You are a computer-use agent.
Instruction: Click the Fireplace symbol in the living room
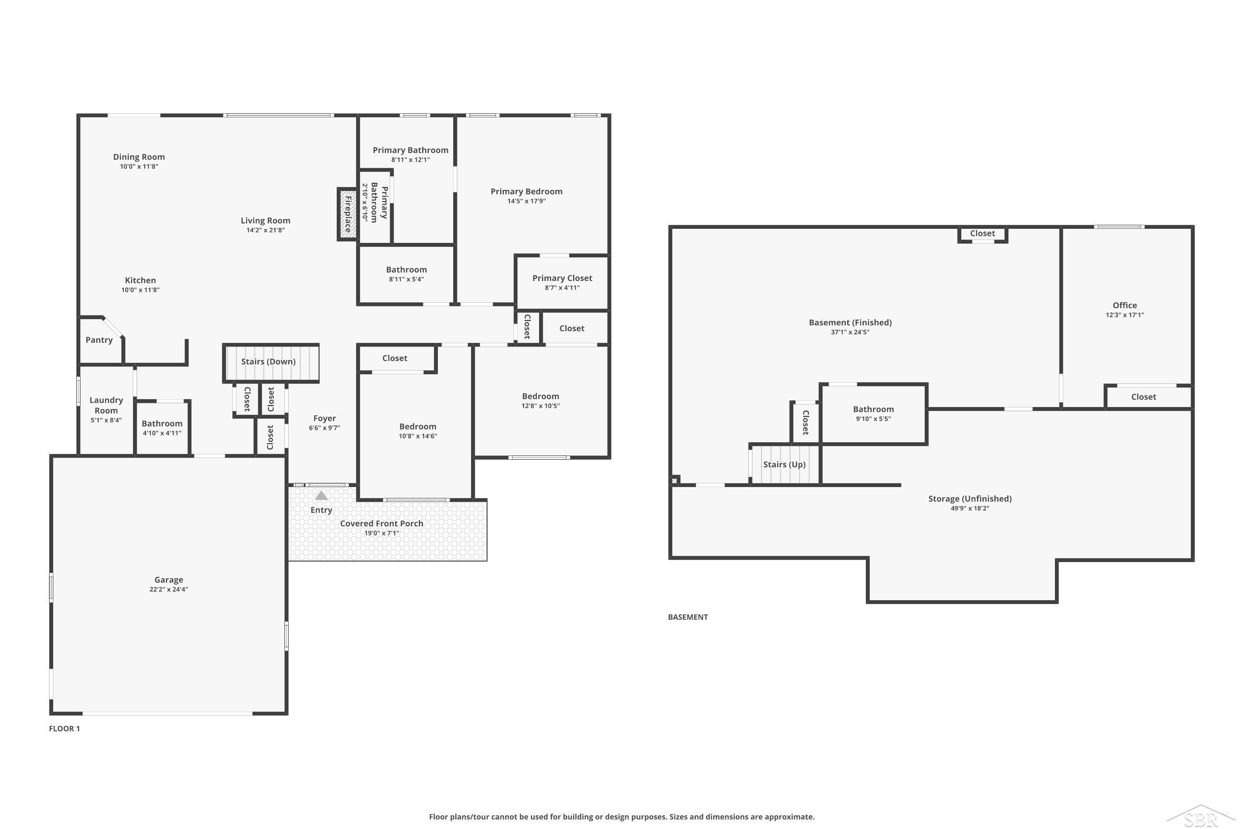347,214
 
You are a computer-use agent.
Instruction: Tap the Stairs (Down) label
268,361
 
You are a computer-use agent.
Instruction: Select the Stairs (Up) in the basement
785,464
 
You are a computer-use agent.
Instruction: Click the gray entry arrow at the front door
321,495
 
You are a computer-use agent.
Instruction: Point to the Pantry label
99,340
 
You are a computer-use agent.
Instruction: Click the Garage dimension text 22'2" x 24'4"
169,589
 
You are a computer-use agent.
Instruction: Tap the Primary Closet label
562,278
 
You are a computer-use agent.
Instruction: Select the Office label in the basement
1125,305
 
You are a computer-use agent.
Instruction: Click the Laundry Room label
106,405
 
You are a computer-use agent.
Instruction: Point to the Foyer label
324,418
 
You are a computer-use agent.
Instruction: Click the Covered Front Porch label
381,524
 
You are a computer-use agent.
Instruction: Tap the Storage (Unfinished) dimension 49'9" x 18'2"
969,509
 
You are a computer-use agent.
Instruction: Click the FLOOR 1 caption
65,729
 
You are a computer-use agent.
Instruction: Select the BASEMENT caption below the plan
688,617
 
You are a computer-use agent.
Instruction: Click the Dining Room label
139,157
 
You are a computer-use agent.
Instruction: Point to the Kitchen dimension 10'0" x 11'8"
140,290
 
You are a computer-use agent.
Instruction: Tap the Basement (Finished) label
850,322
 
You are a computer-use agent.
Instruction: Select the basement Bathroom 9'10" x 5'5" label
873,413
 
